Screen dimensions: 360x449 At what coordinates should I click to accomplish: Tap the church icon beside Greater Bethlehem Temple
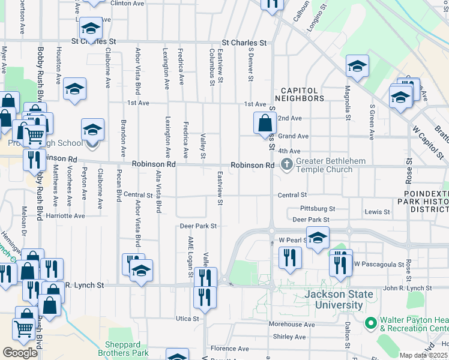pyautogui.click(x=287, y=164)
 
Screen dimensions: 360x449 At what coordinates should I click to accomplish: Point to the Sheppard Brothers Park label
pyautogui.click(x=127, y=349)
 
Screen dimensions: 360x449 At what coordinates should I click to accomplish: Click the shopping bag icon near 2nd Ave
pyautogui.click(x=265, y=124)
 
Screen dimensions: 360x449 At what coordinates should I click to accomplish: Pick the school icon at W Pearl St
pyautogui.click(x=318, y=237)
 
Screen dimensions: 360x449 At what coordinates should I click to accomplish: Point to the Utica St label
pyautogui.click(x=187, y=318)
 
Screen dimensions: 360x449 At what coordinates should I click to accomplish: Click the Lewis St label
pyautogui.click(x=377, y=212)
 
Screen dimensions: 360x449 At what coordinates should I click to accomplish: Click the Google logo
pyautogui.click(x=20, y=353)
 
